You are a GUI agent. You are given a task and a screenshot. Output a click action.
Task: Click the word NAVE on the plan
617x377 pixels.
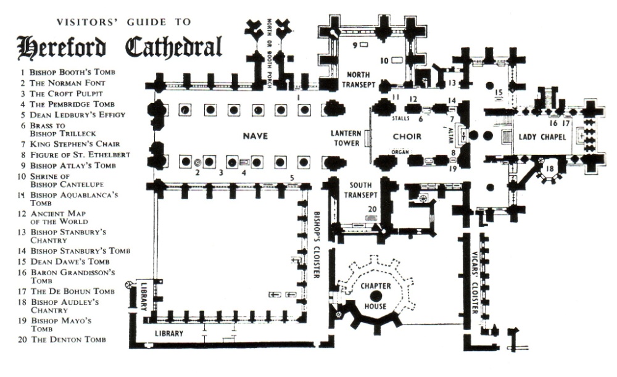click(255, 136)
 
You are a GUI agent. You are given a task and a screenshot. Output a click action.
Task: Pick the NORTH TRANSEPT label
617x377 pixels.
click(357, 70)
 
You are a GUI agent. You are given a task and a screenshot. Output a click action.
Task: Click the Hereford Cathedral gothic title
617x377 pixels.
click(120, 46)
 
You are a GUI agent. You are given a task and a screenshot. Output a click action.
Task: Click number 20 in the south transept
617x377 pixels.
click(372, 209)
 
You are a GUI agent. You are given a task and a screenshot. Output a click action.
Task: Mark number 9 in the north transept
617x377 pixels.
click(355, 45)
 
